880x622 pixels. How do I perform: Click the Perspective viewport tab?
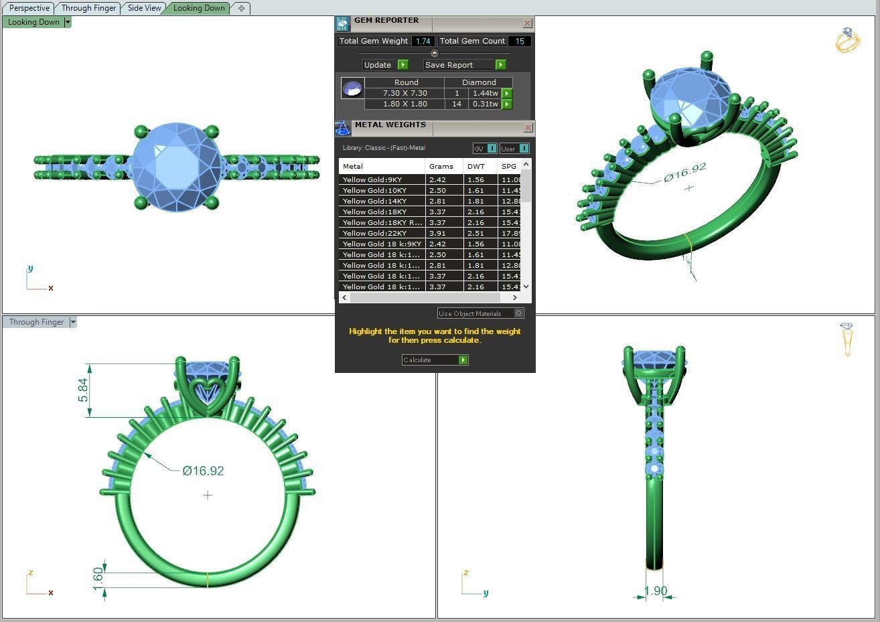click(x=29, y=8)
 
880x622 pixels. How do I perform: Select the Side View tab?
click(x=144, y=8)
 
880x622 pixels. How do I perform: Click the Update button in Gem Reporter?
click(x=378, y=65)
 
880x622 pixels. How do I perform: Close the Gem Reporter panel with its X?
click(x=527, y=23)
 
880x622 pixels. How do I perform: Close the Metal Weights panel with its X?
click(x=528, y=127)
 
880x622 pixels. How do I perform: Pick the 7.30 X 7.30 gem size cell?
click(x=405, y=93)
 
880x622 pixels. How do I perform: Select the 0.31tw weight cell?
click(x=485, y=104)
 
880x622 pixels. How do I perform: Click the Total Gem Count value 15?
click(x=519, y=41)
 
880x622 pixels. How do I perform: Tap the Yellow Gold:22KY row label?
click(x=374, y=233)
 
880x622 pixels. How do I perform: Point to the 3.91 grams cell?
click(x=437, y=233)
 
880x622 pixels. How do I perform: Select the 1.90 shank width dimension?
click(x=655, y=591)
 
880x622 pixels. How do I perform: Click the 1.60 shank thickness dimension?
click(x=98, y=576)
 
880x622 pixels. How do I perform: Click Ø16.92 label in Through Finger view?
click(x=203, y=471)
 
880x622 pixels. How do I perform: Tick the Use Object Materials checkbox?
click(x=518, y=313)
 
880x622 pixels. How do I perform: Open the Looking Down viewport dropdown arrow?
click(x=68, y=22)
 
